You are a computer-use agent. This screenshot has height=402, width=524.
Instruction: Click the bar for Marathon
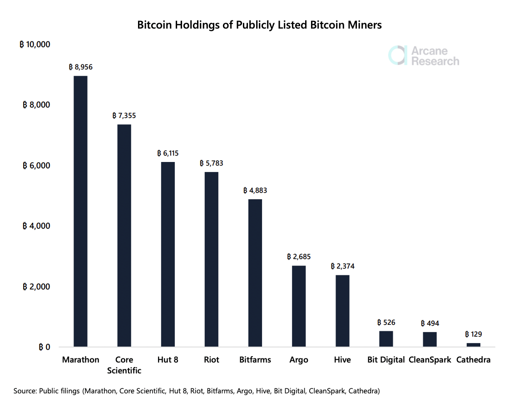[x=80, y=211]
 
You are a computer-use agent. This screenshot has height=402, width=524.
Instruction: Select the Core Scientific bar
[x=124, y=235]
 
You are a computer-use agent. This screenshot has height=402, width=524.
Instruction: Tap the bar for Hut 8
[x=168, y=254]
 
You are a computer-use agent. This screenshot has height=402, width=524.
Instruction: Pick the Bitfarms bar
[x=255, y=273]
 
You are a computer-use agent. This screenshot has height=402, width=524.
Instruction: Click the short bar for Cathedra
[x=473, y=345]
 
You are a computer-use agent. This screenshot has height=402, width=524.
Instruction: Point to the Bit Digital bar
[x=386, y=339]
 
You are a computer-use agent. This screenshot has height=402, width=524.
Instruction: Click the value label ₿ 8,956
[x=81, y=67]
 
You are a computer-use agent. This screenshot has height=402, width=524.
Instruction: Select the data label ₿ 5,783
[x=212, y=163]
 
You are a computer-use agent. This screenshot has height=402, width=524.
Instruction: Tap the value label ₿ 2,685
[x=299, y=257]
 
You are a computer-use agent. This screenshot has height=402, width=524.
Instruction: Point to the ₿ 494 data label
[x=430, y=323]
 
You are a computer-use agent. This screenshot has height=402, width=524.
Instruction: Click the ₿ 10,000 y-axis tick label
[x=35, y=44]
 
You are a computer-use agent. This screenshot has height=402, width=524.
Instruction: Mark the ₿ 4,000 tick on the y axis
[x=36, y=226]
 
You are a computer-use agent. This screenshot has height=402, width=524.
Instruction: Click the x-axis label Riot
[x=212, y=360]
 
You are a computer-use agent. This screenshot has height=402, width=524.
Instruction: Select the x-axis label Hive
[x=342, y=360]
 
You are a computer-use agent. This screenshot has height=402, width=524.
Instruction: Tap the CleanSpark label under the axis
[x=430, y=360]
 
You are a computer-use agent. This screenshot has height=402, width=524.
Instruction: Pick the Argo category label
[x=299, y=360]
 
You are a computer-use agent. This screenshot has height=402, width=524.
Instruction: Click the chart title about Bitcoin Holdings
[x=259, y=25]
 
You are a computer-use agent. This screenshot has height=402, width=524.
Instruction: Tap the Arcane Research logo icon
[x=397, y=55]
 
